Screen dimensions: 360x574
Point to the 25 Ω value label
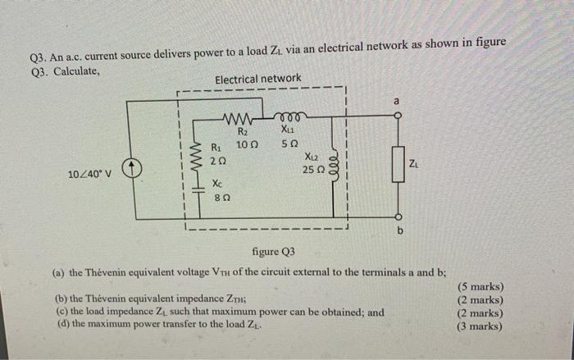pos(314,168)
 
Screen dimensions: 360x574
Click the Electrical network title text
pos(257,79)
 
